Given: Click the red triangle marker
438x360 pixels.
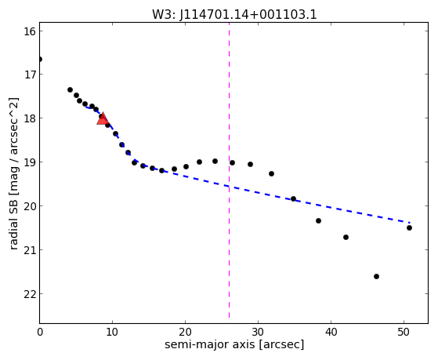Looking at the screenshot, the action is tap(103, 118).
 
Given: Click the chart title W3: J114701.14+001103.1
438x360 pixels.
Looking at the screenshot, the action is tap(234, 15).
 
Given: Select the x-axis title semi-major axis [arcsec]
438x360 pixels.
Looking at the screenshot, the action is tap(234, 344).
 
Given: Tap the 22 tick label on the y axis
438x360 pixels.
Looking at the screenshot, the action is tap(30, 294).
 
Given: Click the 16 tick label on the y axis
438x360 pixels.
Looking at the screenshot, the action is tap(30, 31).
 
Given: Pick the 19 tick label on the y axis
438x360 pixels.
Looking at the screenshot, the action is tap(30, 162).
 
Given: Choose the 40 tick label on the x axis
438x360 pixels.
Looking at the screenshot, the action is tap(331, 332).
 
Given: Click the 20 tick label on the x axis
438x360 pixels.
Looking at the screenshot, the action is tap(185, 332).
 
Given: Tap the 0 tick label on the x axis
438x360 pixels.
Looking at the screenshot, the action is tap(40, 332).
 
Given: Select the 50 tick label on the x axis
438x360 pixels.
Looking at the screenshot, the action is tap(404, 332).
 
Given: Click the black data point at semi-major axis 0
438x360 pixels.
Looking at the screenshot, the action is tap(40, 59).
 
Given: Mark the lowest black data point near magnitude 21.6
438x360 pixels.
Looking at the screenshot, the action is tap(376, 276).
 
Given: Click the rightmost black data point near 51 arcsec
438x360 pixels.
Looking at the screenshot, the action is tap(409, 227).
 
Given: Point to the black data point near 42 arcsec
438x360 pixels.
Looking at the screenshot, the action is tap(346, 237).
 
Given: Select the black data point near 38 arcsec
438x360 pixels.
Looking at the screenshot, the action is tap(318, 220).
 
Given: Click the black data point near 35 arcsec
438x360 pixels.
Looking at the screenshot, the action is tap(293, 199).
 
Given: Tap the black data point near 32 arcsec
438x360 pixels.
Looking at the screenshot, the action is tap(271, 173).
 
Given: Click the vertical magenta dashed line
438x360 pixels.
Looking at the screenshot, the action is tap(229, 170).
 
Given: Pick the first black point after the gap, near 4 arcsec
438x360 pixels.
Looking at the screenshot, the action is tap(70, 89).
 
